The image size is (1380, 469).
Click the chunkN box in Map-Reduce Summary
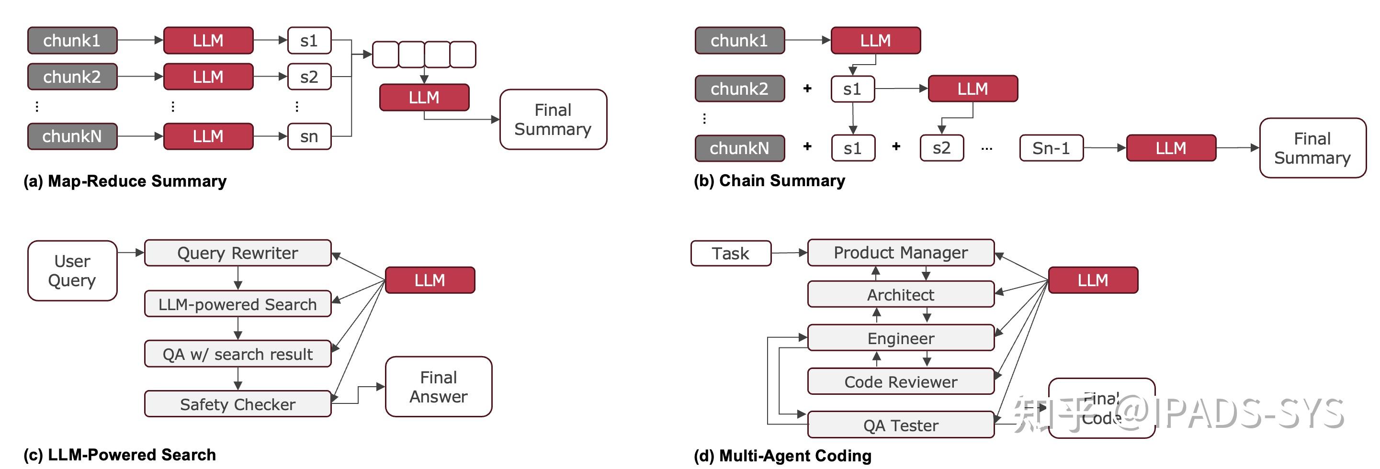[x=72, y=136]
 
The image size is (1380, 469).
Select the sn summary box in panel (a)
[x=309, y=136]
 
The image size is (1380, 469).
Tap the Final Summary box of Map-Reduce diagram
[x=553, y=119]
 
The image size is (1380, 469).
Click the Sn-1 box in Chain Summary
[x=1051, y=148]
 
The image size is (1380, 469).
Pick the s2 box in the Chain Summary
[x=941, y=148]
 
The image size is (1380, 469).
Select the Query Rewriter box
[x=238, y=253]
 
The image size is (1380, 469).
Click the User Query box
[x=72, y=270]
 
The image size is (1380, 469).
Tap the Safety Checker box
[x=238, y=404]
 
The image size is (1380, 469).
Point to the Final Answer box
[x=438, y=387]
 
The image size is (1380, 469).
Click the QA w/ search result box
[x=238, y=354]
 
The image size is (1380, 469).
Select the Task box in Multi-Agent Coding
[x=731, y=253]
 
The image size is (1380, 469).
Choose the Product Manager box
[x=901, y=252]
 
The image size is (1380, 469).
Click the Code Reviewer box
[x=901, y=382]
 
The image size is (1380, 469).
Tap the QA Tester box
[x=901, y=425]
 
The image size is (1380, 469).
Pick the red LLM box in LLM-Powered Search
[x=430, y=280]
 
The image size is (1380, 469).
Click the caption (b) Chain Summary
[x=769, y=181]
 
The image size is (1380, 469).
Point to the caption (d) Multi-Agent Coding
[x=782, y=456]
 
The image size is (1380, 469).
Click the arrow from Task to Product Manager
[x=789, y=253]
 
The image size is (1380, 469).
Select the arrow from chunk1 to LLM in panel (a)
[x=140, y=40]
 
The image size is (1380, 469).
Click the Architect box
[x=901, y=294]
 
